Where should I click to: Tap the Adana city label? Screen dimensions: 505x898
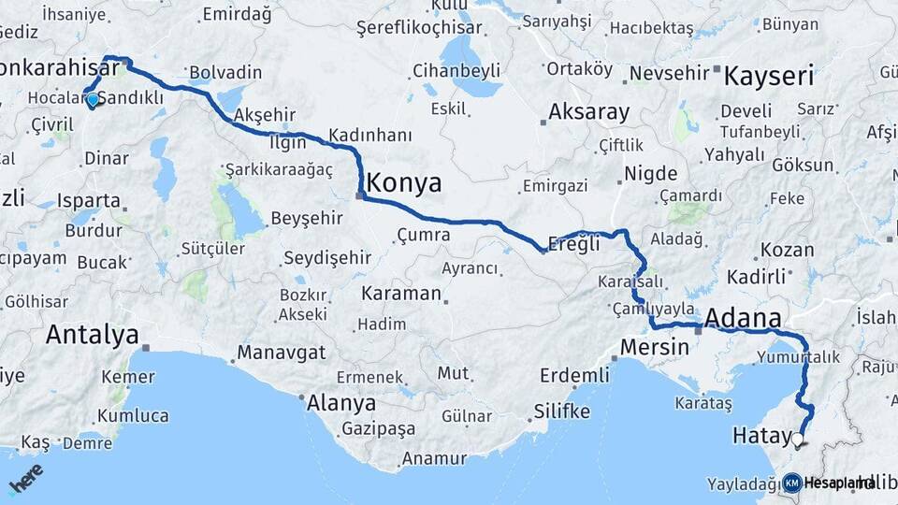point(743,318)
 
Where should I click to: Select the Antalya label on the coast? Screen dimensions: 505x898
point(92,334)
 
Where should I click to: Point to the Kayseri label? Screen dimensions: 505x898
point(769,76)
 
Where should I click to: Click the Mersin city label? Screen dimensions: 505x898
point(654,347)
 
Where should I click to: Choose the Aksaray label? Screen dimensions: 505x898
point(588,112)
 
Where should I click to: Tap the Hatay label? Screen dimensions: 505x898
point(761,435)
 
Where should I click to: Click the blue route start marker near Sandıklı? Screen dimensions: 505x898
point(92,98)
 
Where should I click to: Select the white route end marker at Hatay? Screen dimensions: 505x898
point(797,439)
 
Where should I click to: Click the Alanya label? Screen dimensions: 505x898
point(341,403)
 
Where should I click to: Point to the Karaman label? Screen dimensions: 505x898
point(401,294)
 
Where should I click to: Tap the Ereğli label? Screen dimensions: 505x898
point(574,245)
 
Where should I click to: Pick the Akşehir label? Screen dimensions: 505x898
point(264,115)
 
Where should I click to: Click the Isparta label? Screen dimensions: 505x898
point(89,200)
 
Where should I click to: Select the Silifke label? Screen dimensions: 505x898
point(561,411)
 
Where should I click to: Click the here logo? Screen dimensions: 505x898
point(25,479)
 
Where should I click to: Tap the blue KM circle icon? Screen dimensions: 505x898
point(791,483)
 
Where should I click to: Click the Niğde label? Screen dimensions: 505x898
point(650,175)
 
